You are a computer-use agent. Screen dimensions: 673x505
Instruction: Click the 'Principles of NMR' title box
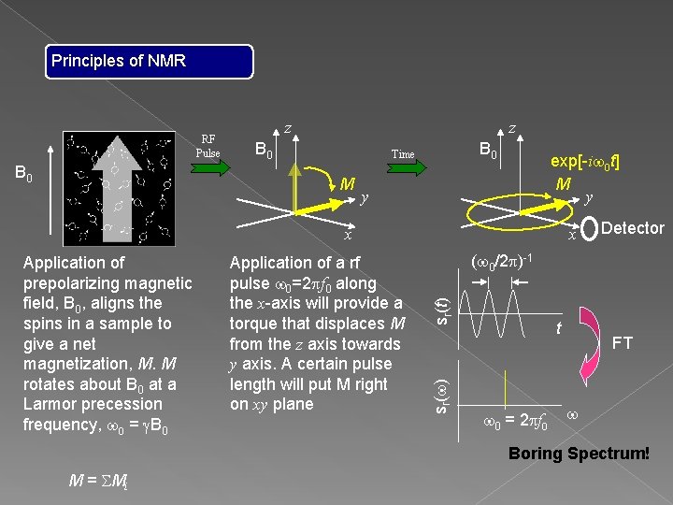pos(150,62)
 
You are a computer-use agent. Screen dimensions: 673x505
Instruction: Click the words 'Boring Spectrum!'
pos(579,454)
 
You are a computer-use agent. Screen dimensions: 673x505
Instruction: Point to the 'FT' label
pos(622,343)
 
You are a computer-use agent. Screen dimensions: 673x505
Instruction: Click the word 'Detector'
pos(633,227)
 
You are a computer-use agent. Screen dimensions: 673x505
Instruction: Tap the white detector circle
pos(590,228)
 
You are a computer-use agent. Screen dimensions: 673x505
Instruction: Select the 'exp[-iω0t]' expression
pos(585,162)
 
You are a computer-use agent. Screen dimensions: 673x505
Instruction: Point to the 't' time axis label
pos(558,328)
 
